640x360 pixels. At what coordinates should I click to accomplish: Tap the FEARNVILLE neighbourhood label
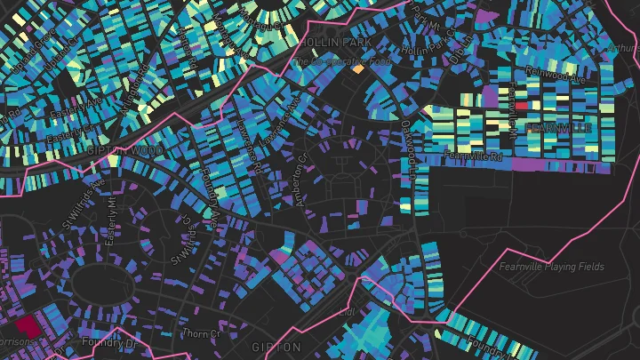click(x=558, y=129)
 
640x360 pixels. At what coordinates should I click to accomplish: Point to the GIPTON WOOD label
click(x=124, y=152)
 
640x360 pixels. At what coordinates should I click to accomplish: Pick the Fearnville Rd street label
click(x=474, y=156)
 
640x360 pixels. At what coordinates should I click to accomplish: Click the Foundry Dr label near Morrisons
click(x=108, y=341)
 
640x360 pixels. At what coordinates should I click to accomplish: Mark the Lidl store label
click(x=348, y=312)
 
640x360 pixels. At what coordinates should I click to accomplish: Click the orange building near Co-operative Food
click(x=358, y=68)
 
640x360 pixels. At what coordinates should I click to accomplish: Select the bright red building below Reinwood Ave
click(x=522, y=104)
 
